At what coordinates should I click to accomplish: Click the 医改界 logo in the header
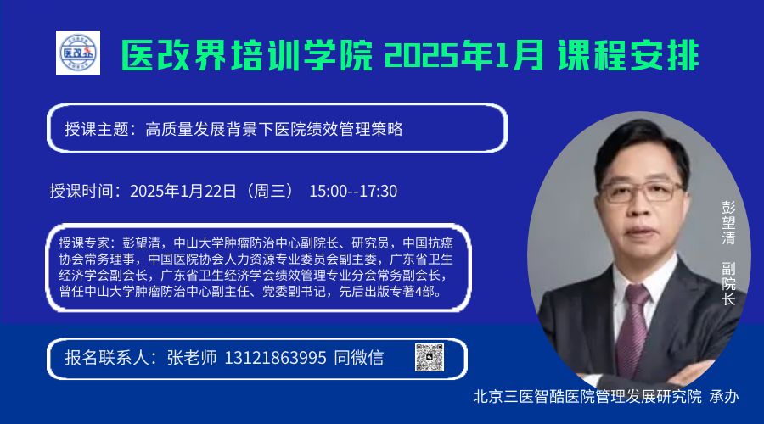[x=78, y=53]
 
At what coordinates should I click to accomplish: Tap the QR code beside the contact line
[x=430, y=357]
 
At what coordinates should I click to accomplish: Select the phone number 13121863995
[x=275, y=358]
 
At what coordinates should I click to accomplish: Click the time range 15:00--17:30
[x=353, y=191]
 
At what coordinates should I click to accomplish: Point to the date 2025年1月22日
[x=183, y=191]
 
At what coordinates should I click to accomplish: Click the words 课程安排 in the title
[x=628, y=55]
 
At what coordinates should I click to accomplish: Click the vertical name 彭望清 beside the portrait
[x=728, y=222]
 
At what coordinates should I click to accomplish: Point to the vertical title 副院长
[x=728, y=284]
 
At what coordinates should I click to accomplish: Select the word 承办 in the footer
[x=724, y=396]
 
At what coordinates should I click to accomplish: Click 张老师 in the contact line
[x=192, y=358]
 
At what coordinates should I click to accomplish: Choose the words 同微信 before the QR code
[x=359, y=358]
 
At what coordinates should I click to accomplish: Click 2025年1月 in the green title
[x=464, y=55]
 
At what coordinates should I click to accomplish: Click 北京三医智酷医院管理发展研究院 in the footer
[x=587, y=396]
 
